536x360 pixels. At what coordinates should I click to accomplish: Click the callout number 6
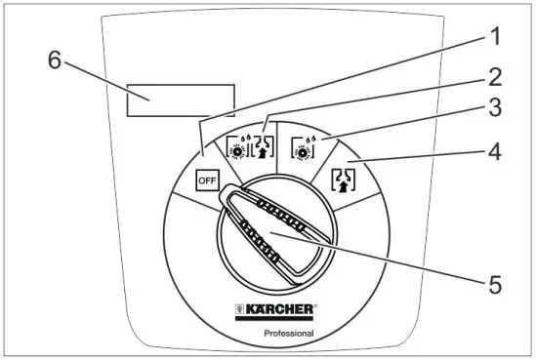(x=55, y=59)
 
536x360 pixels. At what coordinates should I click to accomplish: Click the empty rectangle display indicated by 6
(x=179, y=100)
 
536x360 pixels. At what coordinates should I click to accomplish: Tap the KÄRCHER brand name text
(x=280, y=310)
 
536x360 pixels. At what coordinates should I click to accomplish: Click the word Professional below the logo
(x=288, y=334)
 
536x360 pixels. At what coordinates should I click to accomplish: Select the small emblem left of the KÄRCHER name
(x=240, y=310)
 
